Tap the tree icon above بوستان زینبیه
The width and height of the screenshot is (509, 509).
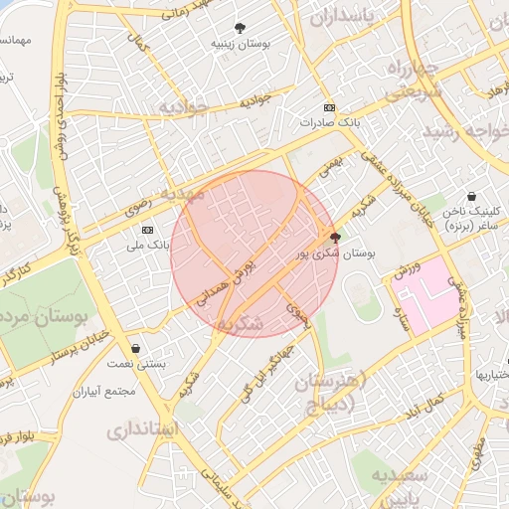pyautogui.click(x=239, y=28)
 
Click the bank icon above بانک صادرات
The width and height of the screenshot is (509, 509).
pyautogui.click(x=329, y=108)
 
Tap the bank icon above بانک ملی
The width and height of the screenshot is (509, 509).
pyautogui.click(x=147, y=230)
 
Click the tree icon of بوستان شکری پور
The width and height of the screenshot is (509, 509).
pyautogui.click(x=334, y=238)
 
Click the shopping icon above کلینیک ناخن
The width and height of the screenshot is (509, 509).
pyautogui.click(x=470, y=197)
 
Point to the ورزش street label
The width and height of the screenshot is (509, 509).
pyautogui.click(x=407, y=268)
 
